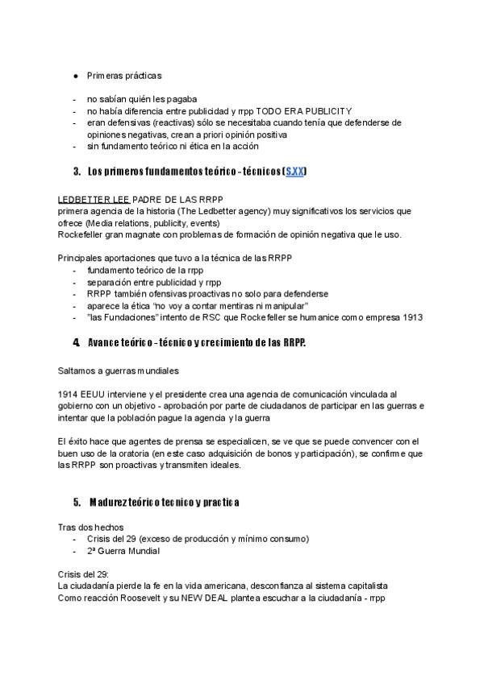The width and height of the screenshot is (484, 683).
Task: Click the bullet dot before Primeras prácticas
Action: point(75,76)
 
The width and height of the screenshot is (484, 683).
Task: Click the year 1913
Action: point(411,317)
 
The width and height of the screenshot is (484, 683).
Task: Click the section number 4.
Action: point(75,342)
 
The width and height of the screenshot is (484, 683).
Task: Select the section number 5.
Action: point(76,502)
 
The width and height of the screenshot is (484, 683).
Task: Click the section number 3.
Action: point(76,172)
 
